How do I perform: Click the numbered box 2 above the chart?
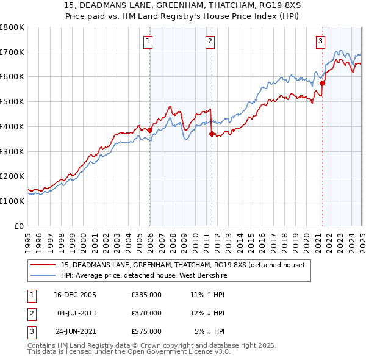[210, 41]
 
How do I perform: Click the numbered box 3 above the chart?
[320, 41]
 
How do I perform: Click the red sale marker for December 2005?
[150, 130]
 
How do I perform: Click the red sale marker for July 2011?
[212, 134]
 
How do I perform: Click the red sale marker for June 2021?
[322, 83]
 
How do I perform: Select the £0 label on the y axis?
[20, 226]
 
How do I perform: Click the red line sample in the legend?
[43, 265]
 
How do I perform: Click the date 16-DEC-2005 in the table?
[75, 295]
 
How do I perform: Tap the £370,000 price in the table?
[146, 314]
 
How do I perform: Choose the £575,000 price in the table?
[146, 332]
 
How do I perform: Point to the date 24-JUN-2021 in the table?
[75, 332]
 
